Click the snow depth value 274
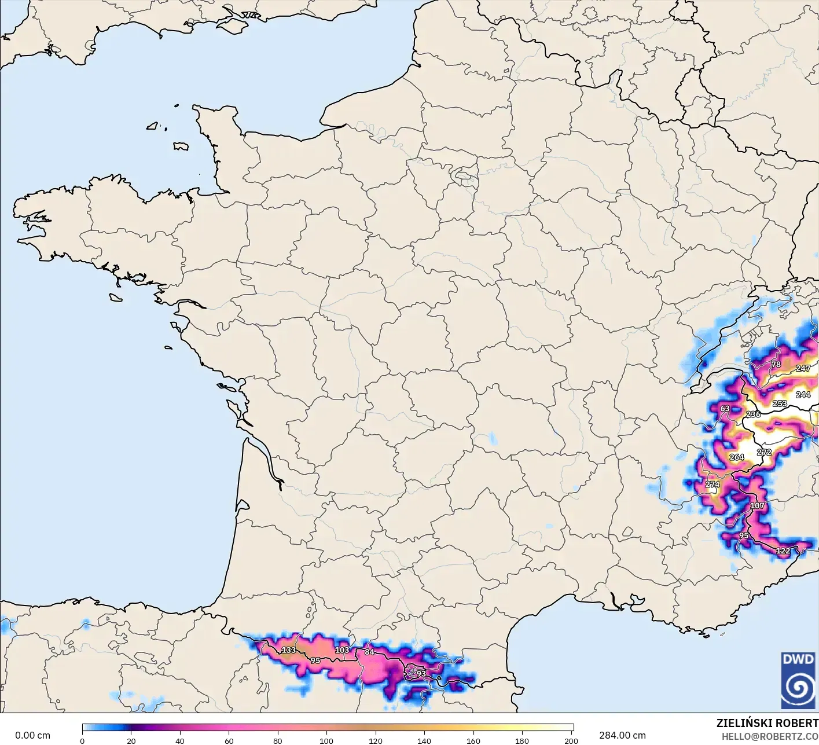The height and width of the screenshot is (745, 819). tap(713, 485)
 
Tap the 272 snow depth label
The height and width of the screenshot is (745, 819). tap(764, 452)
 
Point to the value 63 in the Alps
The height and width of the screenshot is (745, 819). tap(725, 409)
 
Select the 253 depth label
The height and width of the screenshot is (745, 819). tap(780, 403)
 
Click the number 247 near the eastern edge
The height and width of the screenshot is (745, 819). tap(803, 368)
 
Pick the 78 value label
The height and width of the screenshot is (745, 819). tap(776, 364)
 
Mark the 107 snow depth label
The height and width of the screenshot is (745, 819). tap(757, 505)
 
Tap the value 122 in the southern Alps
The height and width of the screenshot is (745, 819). tap(783, 551)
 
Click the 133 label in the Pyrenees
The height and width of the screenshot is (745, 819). tap(288, 650)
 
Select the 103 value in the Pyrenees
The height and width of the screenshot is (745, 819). tap(342, 650)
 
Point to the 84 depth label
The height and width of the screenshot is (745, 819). tap(369, 652)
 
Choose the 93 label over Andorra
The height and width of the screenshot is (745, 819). tap(421, 673)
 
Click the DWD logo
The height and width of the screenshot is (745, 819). tap(798, 680)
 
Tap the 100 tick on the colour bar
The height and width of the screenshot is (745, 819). tap(326, 740)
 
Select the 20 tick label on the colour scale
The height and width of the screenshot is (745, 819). tap(131, 740)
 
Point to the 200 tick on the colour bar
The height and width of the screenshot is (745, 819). tap(571, 740)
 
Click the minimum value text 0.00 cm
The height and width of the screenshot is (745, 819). tap(32, 735)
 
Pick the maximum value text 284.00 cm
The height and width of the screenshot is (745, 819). tap(622, 735)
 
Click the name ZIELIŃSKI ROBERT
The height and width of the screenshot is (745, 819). tap(767, 723)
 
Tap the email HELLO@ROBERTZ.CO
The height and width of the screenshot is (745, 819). tap(770, 736)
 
